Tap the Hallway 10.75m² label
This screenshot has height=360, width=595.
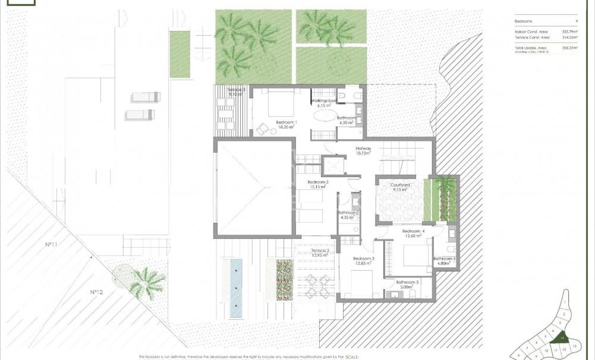coord(363,151)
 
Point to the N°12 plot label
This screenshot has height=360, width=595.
coord(97,292)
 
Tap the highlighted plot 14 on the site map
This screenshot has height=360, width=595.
coord(561,338)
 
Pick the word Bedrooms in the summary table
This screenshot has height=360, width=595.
coord(525,20)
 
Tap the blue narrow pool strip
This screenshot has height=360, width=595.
coord(236,288)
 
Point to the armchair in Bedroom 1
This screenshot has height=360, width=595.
coord(262,127)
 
